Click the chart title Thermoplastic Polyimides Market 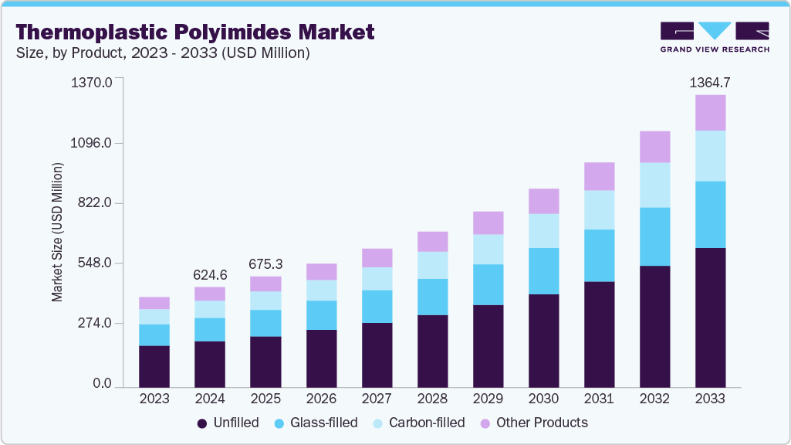pos(194,32)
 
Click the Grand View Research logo pos(715,37)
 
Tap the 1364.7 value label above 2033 pos(710,82)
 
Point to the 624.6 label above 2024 pos(210,275)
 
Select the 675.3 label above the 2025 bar pos(265,264)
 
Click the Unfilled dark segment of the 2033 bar pos(710,317)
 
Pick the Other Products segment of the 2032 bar pos(654,147)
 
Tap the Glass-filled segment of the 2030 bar pos(543,271)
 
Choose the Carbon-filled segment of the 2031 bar pos(599,210)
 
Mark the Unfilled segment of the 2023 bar pos(154,366)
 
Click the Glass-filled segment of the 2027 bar pos(377,307)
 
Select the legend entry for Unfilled pos(228,423)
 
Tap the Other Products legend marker pos(485,423)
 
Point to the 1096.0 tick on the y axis pos(92,144)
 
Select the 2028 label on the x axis pos(432,399)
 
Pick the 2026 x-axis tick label pos(321,399)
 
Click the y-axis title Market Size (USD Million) pos(57,233)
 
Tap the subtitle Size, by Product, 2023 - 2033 pos(163,53)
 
